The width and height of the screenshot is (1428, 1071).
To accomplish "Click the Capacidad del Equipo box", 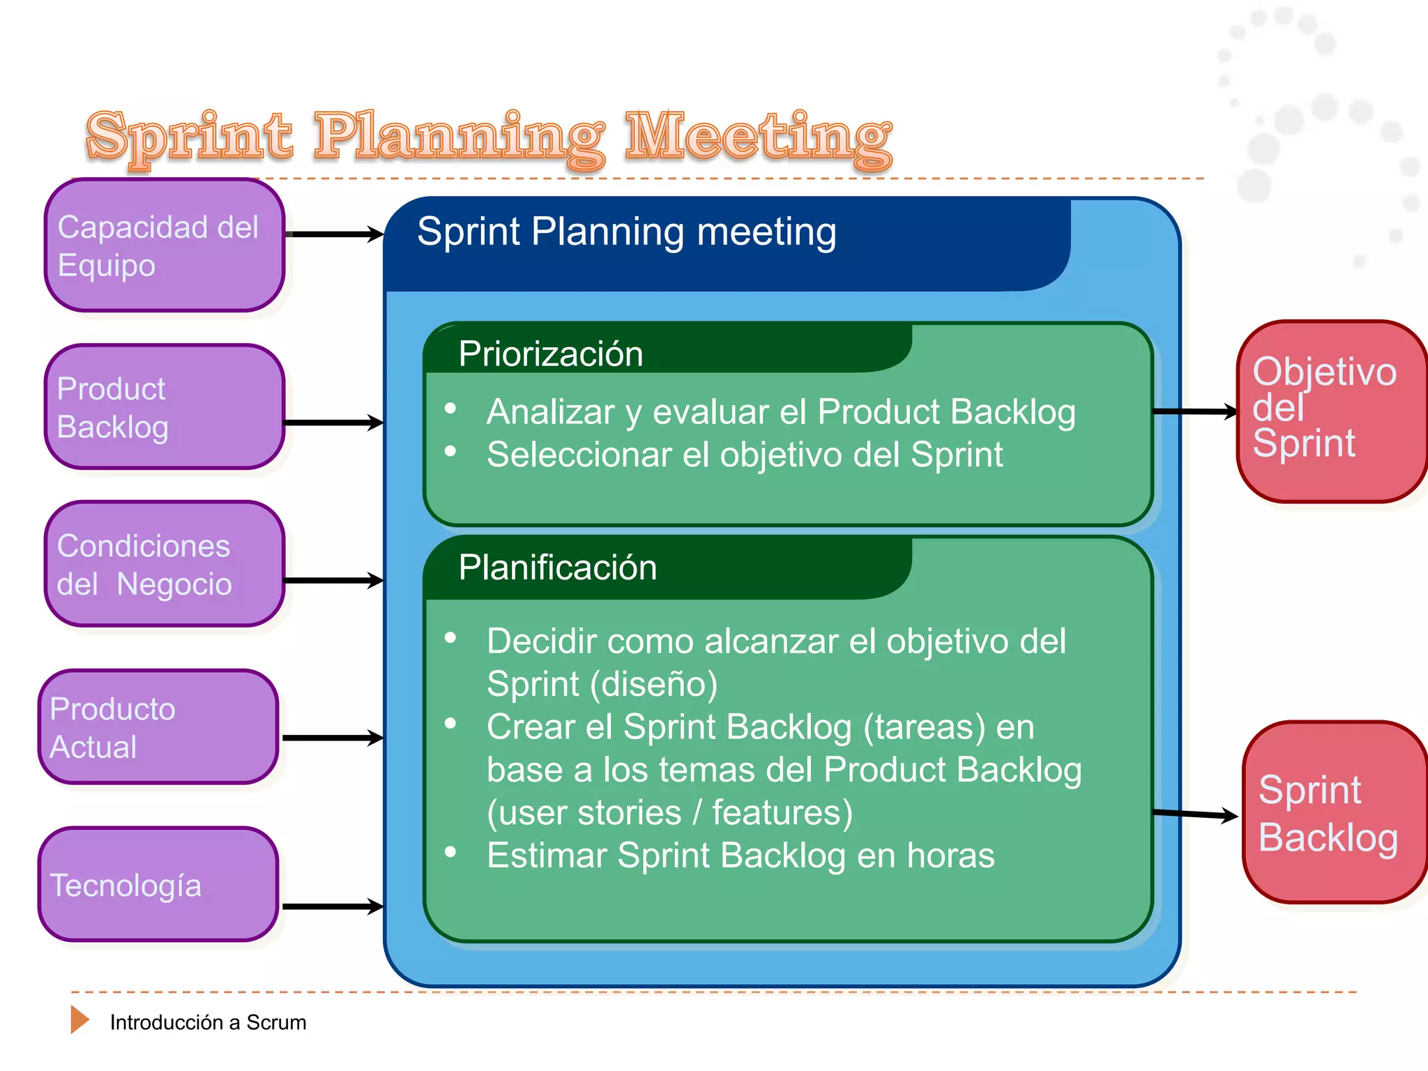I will [x=165, y=245].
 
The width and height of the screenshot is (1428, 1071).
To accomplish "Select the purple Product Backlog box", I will [x=165, y=407].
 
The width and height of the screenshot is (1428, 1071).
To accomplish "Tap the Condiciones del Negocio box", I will [x=165, y=564].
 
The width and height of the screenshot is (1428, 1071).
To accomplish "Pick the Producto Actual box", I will [x=158, y=727].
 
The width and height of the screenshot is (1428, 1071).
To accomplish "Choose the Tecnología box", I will [x=158, y=885].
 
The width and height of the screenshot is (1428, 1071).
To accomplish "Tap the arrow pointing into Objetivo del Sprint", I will [x=1195, y=412].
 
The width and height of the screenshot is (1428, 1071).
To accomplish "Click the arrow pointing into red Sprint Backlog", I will [x=1195, y=814].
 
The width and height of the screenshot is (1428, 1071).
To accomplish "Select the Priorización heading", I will [x=551, y=354].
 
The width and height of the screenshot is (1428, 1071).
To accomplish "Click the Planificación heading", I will [x=558, y=568].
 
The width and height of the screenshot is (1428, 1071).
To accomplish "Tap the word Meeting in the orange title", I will [x=759, y=137].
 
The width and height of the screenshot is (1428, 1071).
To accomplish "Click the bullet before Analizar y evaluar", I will [x=450, y=409].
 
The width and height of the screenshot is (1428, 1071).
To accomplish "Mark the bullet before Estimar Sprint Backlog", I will [x=450, y=851].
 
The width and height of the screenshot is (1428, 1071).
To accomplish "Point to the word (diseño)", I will [x=653, y=684].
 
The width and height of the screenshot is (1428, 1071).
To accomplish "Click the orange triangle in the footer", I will [x=79, y=1019].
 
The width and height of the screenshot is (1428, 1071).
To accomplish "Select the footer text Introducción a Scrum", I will [x=208, y=1022].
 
